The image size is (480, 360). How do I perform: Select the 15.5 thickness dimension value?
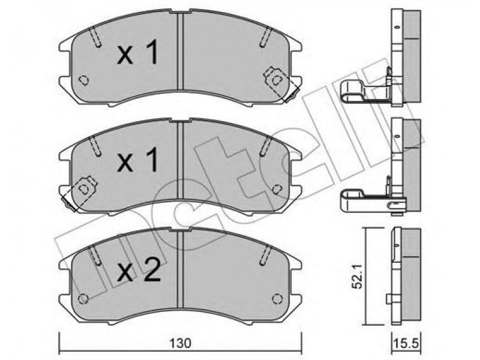coord(406,343)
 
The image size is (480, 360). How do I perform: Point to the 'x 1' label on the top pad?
coord(138,53)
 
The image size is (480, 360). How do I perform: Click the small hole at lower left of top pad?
coord(83,80)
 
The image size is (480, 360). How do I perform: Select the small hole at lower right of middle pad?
coord(277,189)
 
